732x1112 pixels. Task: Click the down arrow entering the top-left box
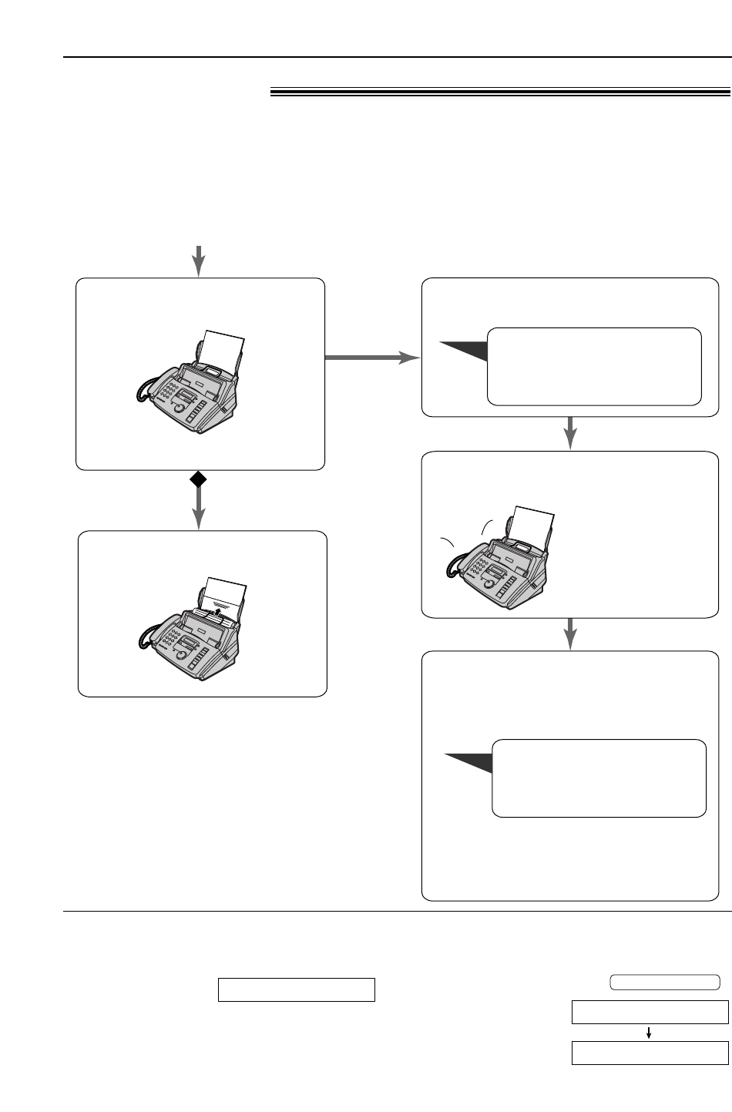point(199,261)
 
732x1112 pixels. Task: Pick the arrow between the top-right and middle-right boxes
point(570,432)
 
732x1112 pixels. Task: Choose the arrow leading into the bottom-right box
point(570,633)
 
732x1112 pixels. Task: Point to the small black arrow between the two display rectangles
point(649,1033)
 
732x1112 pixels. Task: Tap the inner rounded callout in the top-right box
point(594,366)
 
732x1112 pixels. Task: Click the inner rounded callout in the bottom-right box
point(599,778)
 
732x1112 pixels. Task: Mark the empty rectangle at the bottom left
point(297,989)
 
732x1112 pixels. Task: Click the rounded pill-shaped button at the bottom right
point(665,982)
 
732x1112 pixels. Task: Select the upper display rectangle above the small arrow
point(650,1012)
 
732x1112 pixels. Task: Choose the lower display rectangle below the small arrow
point(650,1052)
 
